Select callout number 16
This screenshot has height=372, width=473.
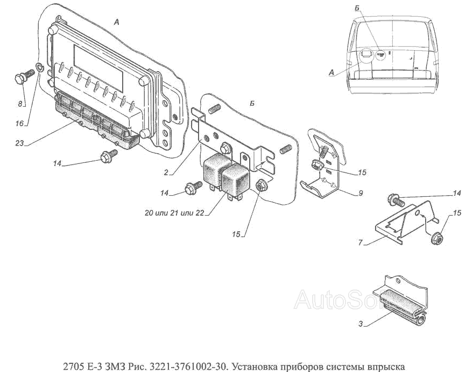pyautogui.click(x=19, y=123)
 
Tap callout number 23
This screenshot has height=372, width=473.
pyautogui.click(x=19, y=144)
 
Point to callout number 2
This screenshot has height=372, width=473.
pyautogui.click(x=167, y=173)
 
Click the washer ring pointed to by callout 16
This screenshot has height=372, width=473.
pyautogui.click(x=39, y=67)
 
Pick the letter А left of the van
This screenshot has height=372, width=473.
pyautogui.click(x=330, y=73)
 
